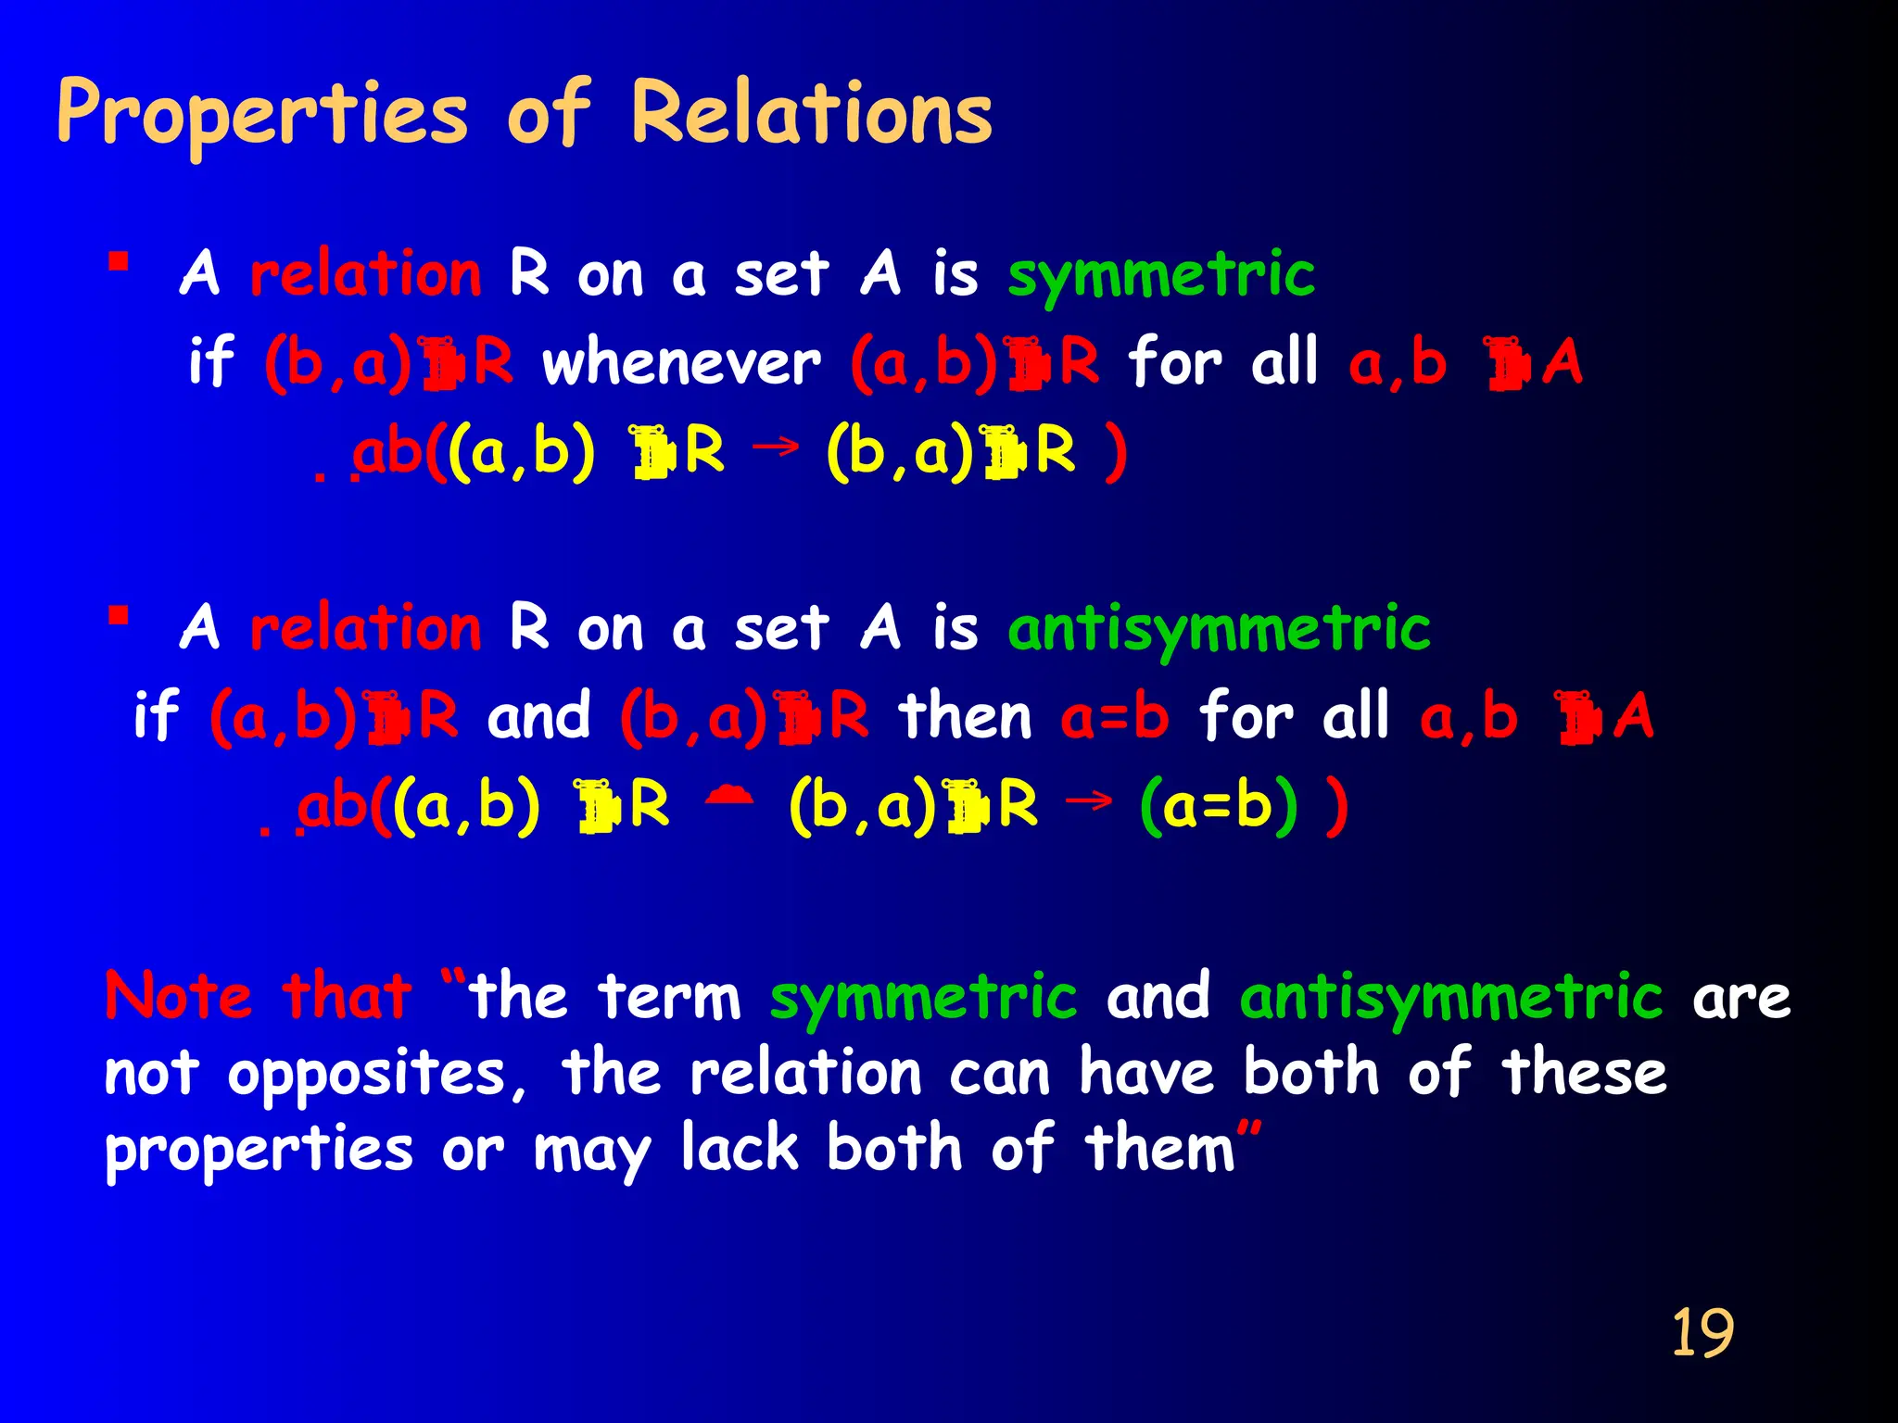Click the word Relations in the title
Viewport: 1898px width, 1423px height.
tap(811, 113)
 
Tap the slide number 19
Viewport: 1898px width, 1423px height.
tap(1702, 1334)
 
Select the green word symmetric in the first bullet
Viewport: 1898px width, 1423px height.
tap(1160, 275)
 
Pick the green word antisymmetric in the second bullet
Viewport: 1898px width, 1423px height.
tap(1219, 630)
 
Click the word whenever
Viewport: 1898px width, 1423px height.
tap(681, 362)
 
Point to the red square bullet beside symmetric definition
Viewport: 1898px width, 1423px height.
tap(118, 261)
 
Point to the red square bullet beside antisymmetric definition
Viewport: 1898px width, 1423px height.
tap(118, 616)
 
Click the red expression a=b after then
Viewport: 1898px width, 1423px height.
tap(1114, 717)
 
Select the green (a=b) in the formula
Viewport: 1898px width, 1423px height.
tap(1218, 806)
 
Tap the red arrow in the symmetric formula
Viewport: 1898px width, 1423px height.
tap(776, 447)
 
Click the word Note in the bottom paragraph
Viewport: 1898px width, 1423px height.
tap(178, 997)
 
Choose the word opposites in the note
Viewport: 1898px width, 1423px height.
tap(376, 1075)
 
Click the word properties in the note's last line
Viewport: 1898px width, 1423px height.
tap(259, 1151)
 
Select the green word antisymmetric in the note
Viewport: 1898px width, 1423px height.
tap(1451, 998)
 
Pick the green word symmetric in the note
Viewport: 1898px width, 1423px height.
tap(923, 998)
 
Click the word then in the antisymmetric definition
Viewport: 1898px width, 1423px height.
tap(965, 717)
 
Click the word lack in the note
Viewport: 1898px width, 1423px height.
tap(739, 1149)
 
